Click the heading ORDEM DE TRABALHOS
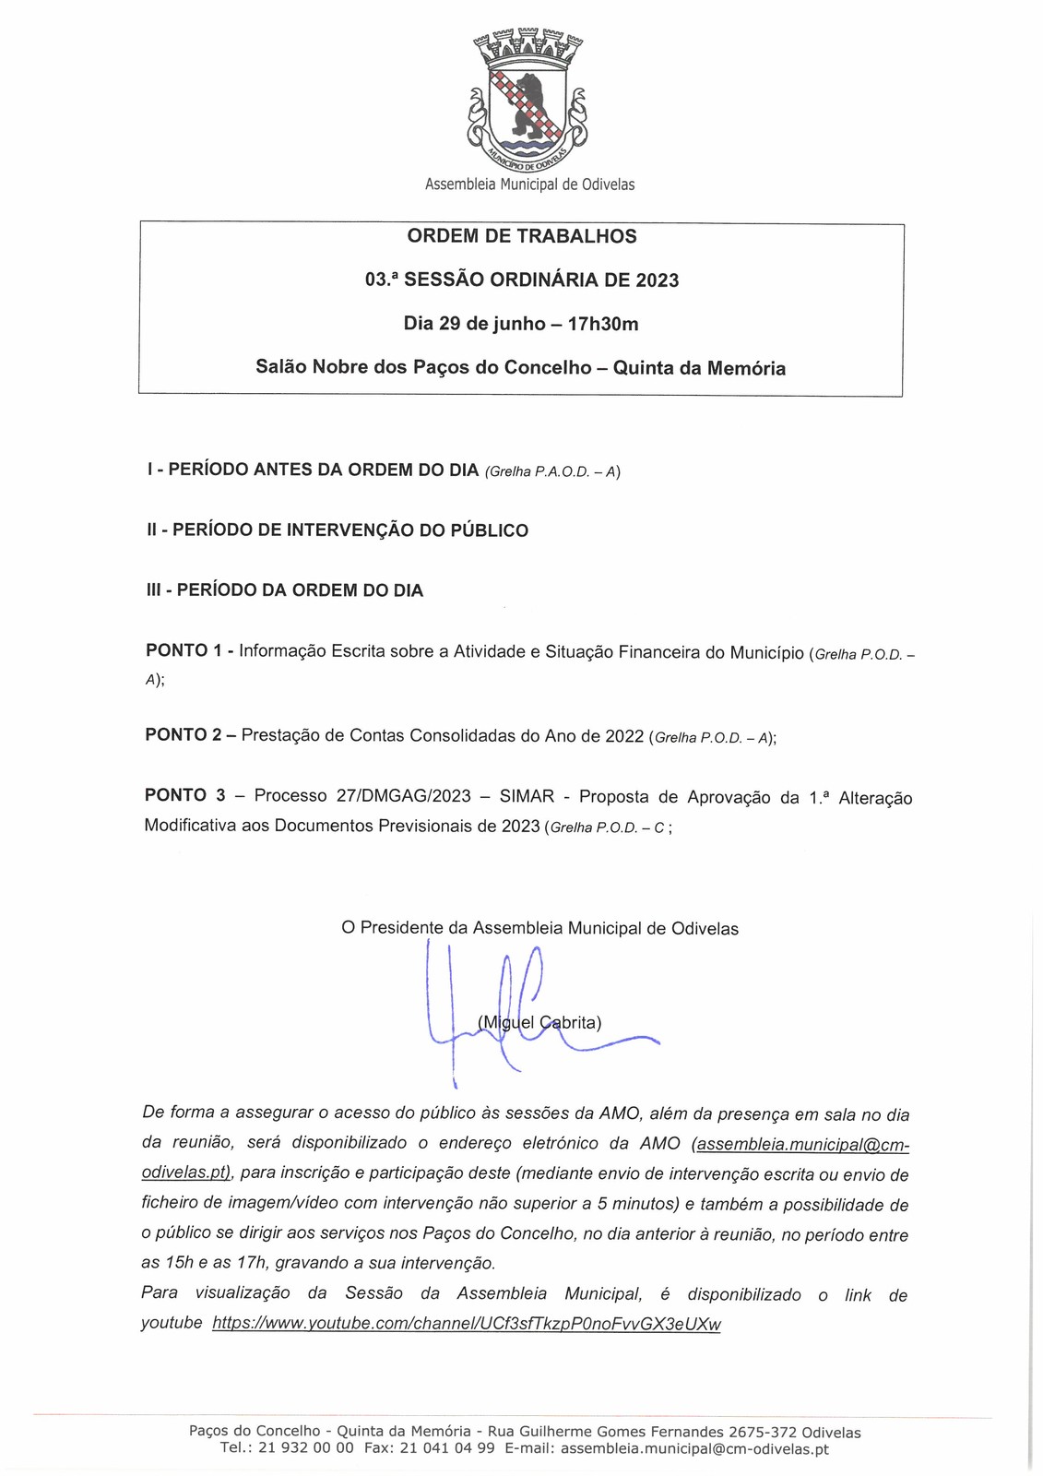522,236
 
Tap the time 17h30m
603,324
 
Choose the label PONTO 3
184,795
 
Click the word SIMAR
527,796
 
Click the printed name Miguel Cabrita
540,1022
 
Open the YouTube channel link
467,1324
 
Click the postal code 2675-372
763,1433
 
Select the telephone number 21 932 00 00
305,1448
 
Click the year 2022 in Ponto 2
624,736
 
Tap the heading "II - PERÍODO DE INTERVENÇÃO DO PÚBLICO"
338,530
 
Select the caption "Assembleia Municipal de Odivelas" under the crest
529,184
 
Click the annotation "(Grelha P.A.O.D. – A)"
552,471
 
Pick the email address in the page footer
694,1448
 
